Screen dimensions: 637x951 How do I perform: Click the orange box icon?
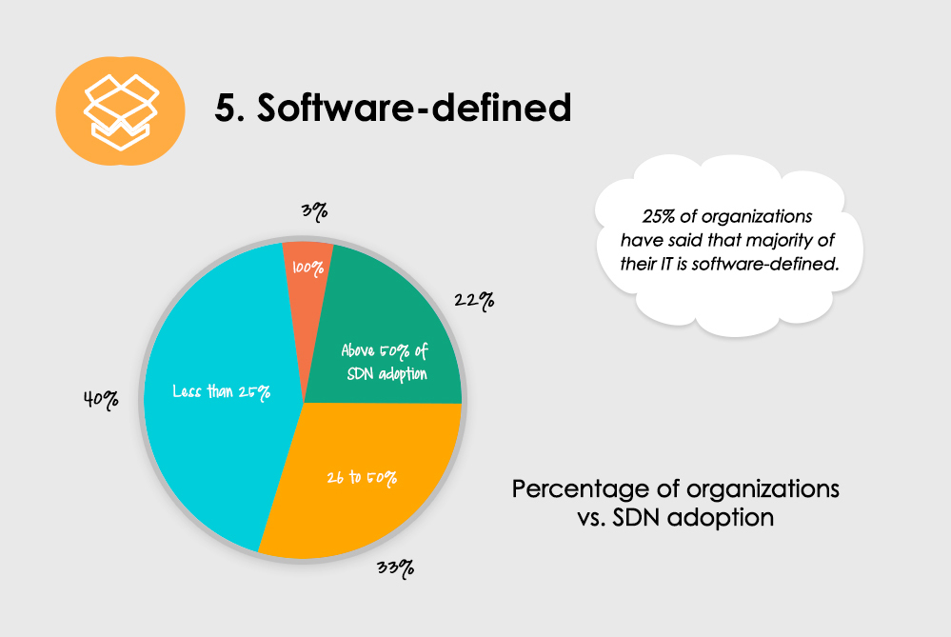pos(120,106)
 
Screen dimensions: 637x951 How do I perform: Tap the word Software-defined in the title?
pos(414,109)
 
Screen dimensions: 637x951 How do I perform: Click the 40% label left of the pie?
pos(101,400)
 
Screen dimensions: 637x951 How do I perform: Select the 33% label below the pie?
pos(395,568)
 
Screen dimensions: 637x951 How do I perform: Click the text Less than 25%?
pos(222,390)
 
